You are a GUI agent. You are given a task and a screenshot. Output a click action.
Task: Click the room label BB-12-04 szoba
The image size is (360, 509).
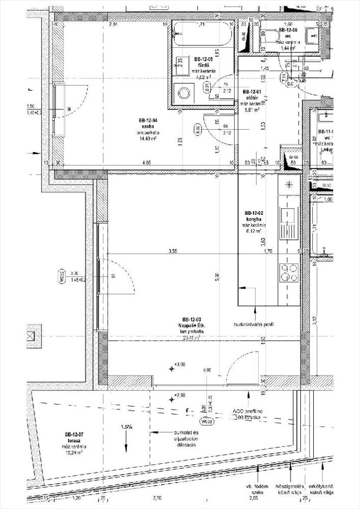pyautogui.click(x=147, y=123)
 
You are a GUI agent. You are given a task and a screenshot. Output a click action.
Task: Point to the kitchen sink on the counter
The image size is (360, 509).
pyautogui.click(x=288, y=216)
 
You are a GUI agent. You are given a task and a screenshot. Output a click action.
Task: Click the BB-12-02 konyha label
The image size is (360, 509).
pyautogui.click(x=253, y=215)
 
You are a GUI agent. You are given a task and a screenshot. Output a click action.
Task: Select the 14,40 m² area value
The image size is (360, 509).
pyautogui.click(x=147, y=138)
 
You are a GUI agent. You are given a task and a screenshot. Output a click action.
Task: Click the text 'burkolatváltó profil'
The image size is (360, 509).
pyautogui.click(x=254, y=324)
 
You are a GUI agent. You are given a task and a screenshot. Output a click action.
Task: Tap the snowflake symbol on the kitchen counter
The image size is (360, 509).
pyautogui.click(x=289, y=184)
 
